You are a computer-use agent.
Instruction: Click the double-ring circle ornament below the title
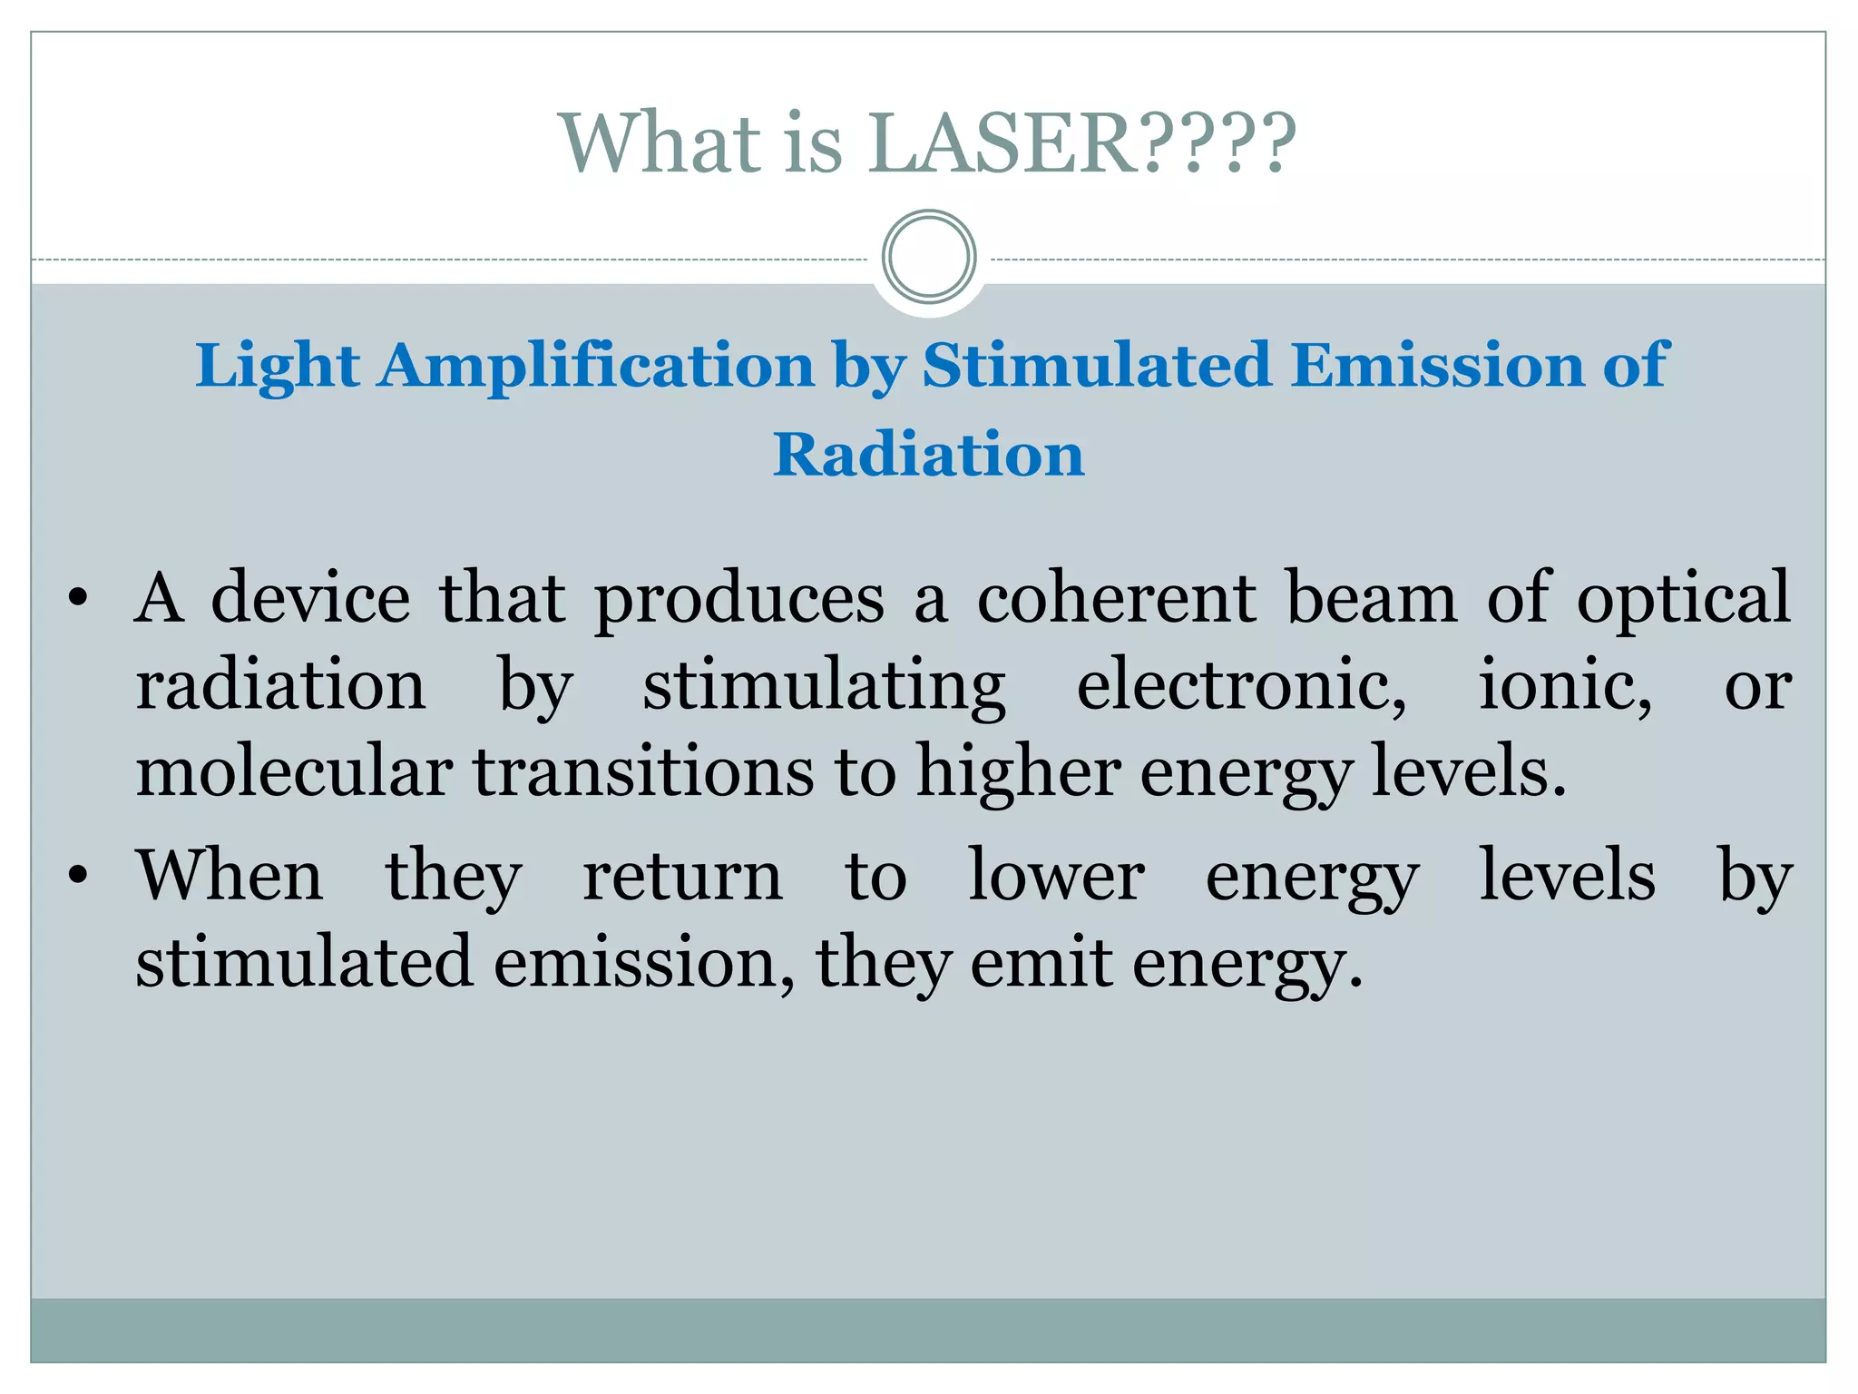click(x=929, y=257)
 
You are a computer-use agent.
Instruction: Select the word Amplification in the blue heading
click(x=597, y=366)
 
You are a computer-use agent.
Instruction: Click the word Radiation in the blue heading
click(x=929, y=454)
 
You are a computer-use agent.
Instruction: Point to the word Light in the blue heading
click(x=277, y=366)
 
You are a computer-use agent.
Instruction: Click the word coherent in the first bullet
click(x=1116, y=598)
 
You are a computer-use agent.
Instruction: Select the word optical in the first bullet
click(x=1683, y=600)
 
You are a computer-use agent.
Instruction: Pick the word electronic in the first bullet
click(x=1242, y=685)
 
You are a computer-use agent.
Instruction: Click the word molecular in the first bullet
click(x=294, y=771)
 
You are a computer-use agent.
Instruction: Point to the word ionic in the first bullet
click(x=1565, y=685)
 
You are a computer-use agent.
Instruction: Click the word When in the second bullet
click(x=230, y=876)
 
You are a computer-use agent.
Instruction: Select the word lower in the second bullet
click(x=1056, y=876)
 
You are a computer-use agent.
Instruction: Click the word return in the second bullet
click(x=682, y=876)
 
